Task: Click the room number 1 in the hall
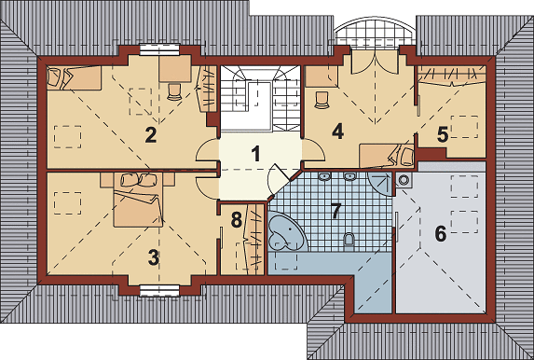(255, 153)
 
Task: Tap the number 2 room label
(151, 134)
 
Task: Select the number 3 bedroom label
(154, 257)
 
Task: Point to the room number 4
(337, 132)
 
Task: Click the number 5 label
(443, 134)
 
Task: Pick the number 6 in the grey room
(441, 234)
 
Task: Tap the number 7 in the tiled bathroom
(335, 211)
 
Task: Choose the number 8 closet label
(237, 219)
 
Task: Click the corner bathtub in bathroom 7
(285, 232)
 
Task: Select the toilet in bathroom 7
(349, 241)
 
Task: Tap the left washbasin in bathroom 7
(324, 176)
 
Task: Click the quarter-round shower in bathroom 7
(380, 184)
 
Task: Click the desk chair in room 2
(174, 91)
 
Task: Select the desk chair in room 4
(322, 100)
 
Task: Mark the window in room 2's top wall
(159, 49)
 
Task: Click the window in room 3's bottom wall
(159, 291)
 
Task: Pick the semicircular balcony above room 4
(375, 31)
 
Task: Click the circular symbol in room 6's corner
(404, 179)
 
